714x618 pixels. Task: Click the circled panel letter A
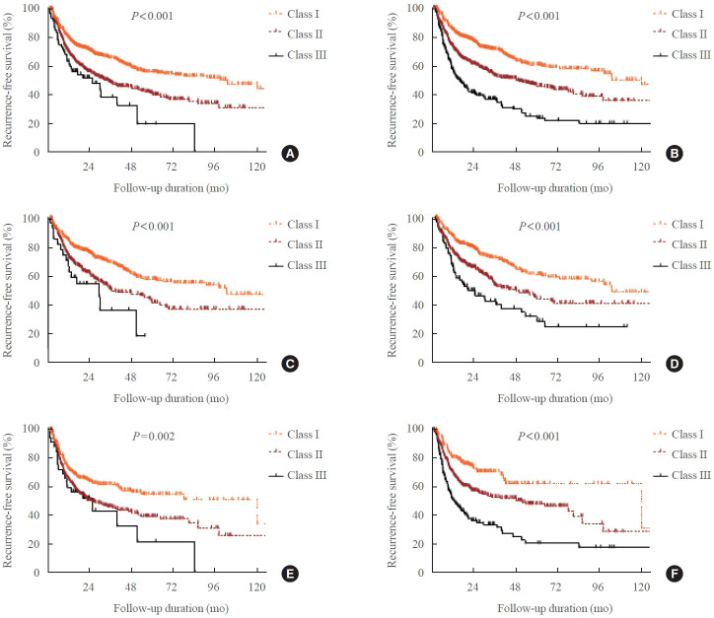click(290, 154)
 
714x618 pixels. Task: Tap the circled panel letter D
click(675, 364)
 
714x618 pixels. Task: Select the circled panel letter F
click(675, 574)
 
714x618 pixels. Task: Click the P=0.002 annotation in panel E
click(154, 437)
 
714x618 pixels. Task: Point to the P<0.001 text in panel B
click(538, 16)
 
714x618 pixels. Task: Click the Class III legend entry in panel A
click(298, 55)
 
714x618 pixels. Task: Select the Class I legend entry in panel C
click(294, 225)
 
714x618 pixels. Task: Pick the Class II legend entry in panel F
click(680, 454)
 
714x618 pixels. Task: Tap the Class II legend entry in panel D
click(680, 244)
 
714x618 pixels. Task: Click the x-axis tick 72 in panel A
click(172, 167)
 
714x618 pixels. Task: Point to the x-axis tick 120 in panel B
click(641, 167)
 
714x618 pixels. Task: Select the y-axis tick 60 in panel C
click(34, 276)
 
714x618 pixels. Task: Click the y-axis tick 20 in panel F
click(418, 544)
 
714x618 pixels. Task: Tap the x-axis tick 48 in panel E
click(131, 587)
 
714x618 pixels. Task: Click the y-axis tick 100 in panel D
click(415, 219)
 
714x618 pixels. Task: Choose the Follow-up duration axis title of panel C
click(171, 398)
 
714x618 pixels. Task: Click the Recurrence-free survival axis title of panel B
click(392, 80)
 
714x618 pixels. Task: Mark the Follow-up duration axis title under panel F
click(554, 608)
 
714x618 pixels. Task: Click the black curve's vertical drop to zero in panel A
click(195, 137)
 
